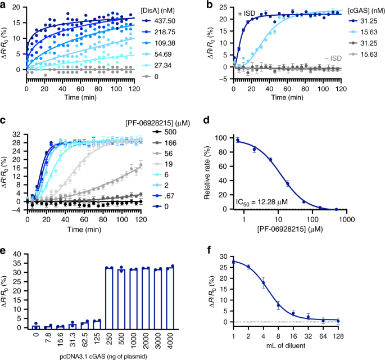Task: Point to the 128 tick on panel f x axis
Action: [x=369, y=336]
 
